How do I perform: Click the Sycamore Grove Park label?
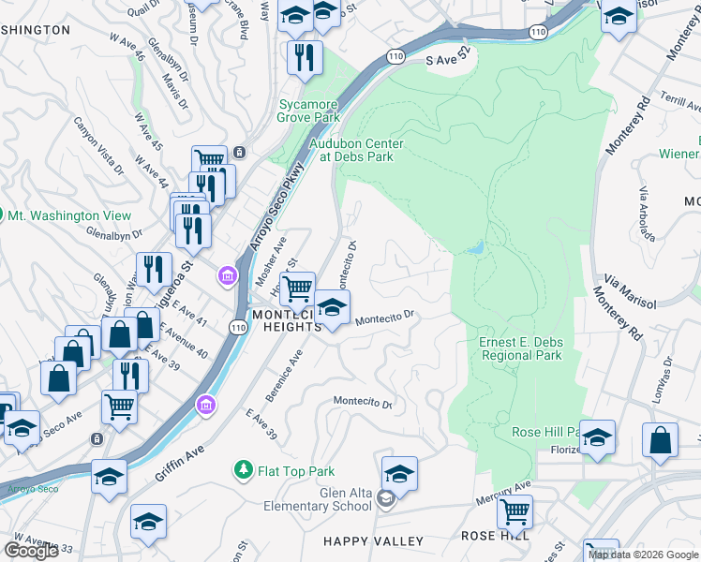point(308,111)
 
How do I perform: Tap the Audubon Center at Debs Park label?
point(356,150)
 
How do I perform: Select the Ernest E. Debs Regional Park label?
point(520,348)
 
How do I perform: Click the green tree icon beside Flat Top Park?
point(244,468)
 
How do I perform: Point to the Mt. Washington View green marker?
point(2,215)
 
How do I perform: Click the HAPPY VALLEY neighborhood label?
point(373,541)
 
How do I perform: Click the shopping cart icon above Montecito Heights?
point(297,289)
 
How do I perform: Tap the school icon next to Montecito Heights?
point(332,308)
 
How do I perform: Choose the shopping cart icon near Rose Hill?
point(515,512)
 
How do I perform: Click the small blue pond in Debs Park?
point(476,248)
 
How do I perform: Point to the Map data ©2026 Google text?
point(643,555)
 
